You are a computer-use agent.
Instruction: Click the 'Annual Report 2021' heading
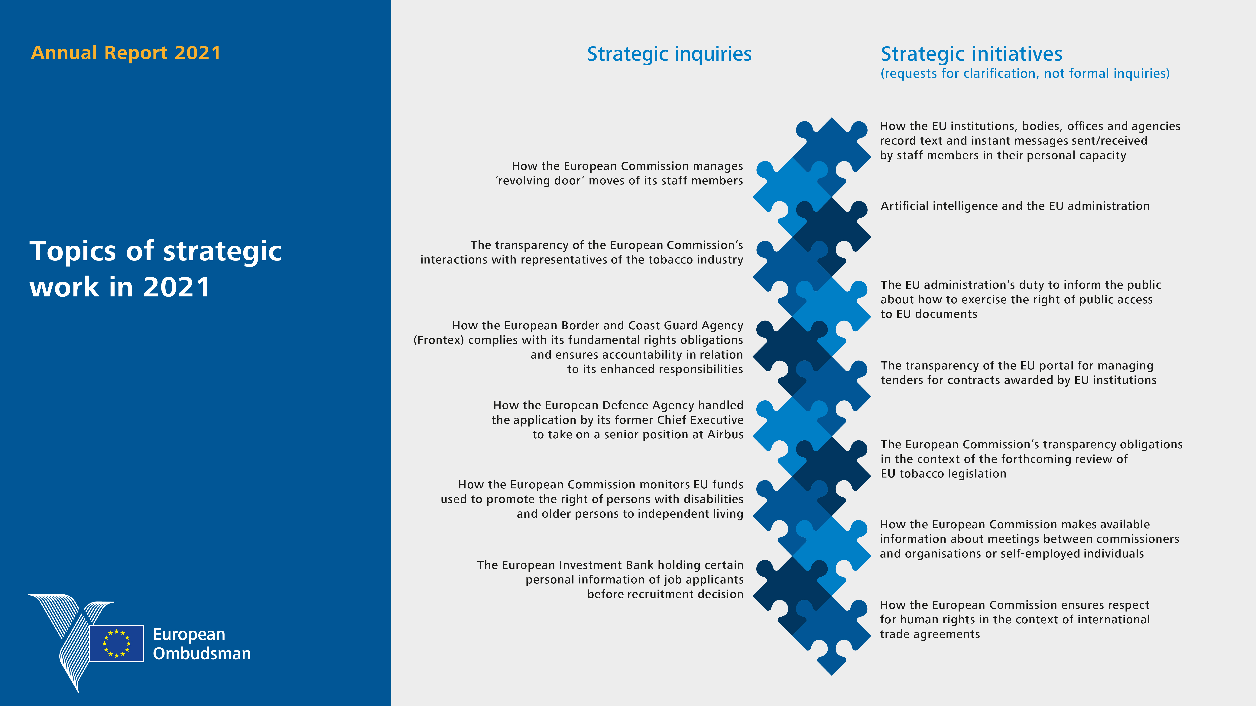tap(126, 53)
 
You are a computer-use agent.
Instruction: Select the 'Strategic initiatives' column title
tap(971, 54)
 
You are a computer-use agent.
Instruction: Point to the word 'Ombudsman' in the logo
tap(202, 653)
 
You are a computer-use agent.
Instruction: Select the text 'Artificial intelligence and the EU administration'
tap(1015, 206)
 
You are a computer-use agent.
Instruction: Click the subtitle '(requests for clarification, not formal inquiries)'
tap(1025, 74)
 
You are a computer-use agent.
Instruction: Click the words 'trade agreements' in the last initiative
tap(930, 634)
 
